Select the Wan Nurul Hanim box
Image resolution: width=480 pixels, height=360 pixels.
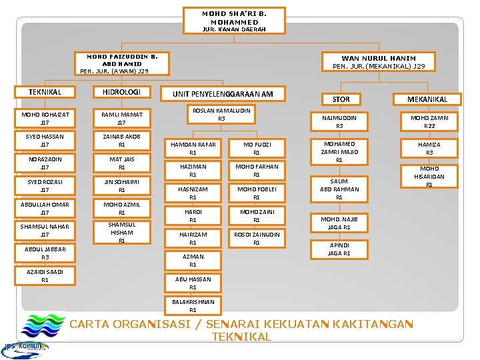[378, 62]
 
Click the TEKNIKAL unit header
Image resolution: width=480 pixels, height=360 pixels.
[45, 92]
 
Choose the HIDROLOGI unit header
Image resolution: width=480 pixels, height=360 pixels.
[121, 92]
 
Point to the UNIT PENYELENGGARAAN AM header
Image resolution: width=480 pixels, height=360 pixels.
[223, 94]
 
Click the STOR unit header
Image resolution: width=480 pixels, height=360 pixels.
[341, 99]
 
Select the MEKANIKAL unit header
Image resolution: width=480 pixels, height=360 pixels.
[427, 99]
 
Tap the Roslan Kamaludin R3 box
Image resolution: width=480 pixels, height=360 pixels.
[221, 114]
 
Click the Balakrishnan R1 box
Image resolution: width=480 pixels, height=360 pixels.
[193, 305]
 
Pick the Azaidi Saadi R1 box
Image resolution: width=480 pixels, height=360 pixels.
[45, 276]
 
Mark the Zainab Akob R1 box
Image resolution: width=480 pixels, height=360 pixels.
[121, 141]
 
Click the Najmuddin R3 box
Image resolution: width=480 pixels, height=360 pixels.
[339, 121]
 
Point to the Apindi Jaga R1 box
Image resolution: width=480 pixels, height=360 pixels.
[339, 249]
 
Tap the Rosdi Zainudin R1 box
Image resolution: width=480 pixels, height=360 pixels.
[256, 239]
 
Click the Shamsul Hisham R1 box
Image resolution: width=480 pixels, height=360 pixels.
[121, 233]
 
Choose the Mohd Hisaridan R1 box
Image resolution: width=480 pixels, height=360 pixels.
[429, 177]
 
